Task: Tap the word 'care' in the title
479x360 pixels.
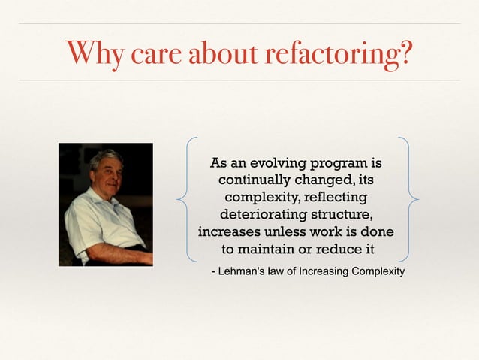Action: [x=152, y=53]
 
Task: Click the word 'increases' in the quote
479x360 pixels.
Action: [x=231, y=231]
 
